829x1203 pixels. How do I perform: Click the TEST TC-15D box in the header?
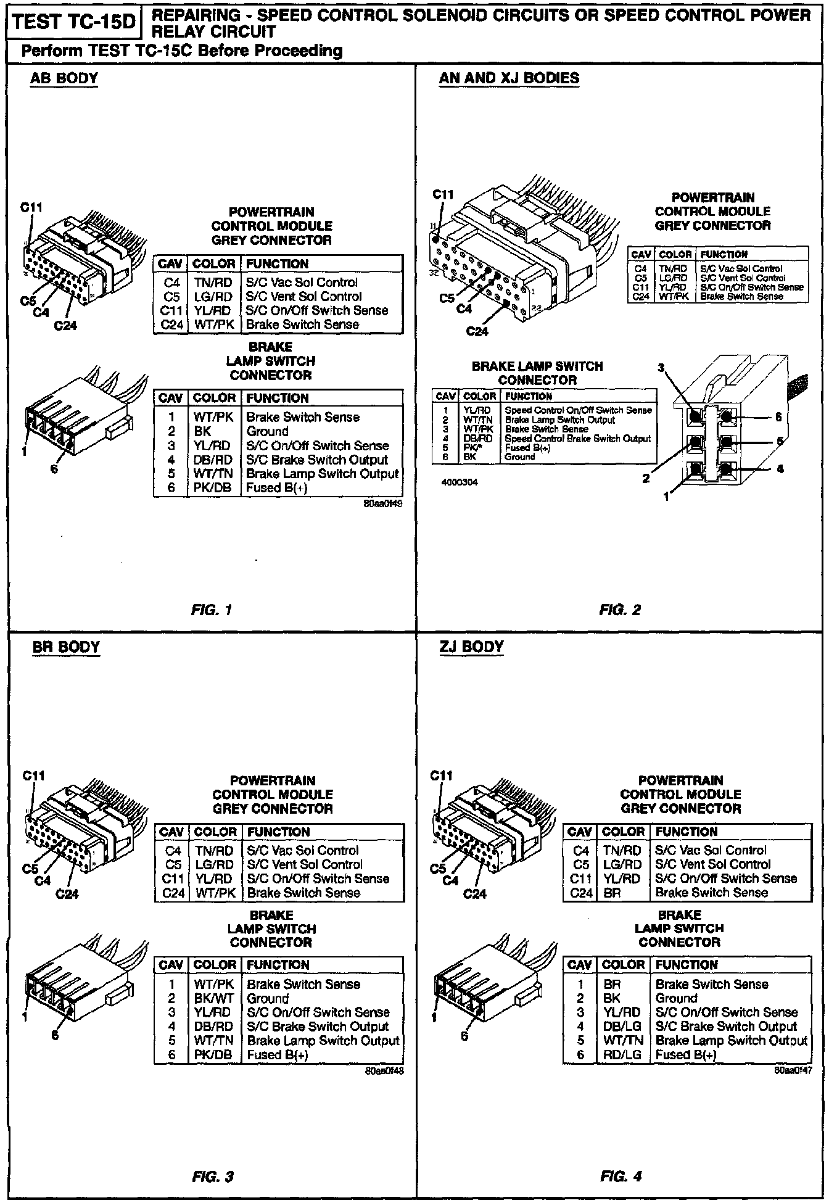[73, 22]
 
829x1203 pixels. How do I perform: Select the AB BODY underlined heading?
[64, 78]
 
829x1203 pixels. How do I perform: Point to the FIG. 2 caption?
[620, 610]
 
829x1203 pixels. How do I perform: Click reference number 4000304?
[460, 482]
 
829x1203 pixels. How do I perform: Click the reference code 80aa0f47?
[793, 1070]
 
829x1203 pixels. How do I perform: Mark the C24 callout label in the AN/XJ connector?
[477, 331]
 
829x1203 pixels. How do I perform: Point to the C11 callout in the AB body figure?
[31, 208]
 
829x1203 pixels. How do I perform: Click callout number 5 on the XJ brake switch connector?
[780, 442]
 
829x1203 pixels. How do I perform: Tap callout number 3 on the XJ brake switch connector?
[661, 368]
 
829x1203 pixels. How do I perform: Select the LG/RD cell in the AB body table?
[213, 297]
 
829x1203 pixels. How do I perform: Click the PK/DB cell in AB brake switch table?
[213, 487]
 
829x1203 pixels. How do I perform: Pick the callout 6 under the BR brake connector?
[56, 1036]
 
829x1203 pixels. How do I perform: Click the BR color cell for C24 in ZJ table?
[612, 893]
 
